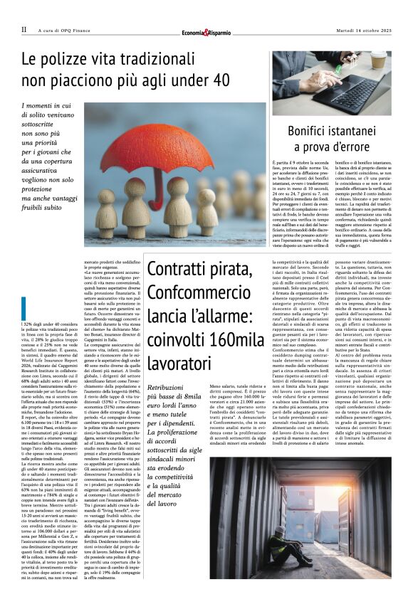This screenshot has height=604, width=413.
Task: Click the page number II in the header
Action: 23,30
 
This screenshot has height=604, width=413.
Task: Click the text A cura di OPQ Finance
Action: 66,30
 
